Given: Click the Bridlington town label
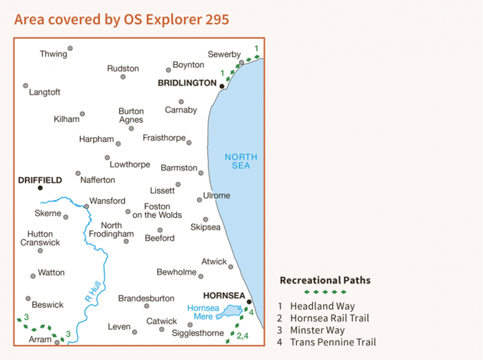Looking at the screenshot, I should click(x=187, y=83).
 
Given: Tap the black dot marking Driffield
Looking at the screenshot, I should click(x=40, y=188).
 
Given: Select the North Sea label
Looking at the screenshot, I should click(x=241, y=161).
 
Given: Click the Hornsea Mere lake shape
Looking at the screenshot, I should click(x=229, y=312).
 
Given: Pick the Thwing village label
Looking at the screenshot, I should click(x=53, y=54).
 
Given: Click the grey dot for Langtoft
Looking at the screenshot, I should click(x=25, y=86).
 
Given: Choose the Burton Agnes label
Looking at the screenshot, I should click(x=131, y=115).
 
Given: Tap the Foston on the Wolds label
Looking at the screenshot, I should click(x=157, y=211).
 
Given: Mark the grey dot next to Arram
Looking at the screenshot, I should click(x=57, y=342).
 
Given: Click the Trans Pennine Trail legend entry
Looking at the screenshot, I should click(x=333, y=342).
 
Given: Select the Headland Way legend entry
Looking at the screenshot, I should click(x=322, y=306).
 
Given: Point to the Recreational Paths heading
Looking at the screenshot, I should click(x=325, y=280).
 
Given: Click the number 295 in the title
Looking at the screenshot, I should click(x=217, y=19).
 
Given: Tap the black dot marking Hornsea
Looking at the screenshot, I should click(x=249, y=301).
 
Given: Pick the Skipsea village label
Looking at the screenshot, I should click(x=205, y=228).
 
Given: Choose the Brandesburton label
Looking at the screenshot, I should click(x=146, y=298).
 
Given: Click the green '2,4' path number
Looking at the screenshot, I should click(x=243, y=336).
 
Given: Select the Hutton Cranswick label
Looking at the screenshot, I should click(x=40, y=238).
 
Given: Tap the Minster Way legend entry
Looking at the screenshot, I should click(x=318, y=330).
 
